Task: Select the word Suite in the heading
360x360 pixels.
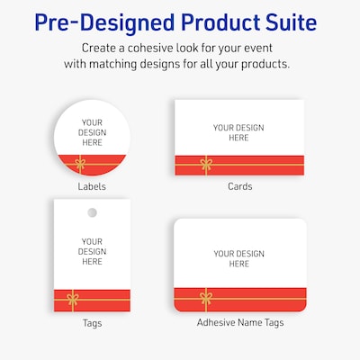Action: click(289, 20)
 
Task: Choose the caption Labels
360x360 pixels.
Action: click(92, 186)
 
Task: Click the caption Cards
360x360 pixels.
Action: click(239, 186)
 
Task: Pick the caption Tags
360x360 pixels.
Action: click(92, 322)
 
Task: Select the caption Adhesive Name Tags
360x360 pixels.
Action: click(239, 322)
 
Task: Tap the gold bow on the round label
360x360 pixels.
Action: click(80, 164)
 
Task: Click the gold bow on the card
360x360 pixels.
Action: click(206, 164)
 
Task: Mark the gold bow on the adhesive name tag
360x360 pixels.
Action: click(205, 297)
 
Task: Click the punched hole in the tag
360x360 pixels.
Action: click(92, 212)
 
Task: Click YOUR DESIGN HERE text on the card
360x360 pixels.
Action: click(239, 132)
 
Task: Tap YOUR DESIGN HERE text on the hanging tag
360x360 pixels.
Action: click(92, 251)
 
